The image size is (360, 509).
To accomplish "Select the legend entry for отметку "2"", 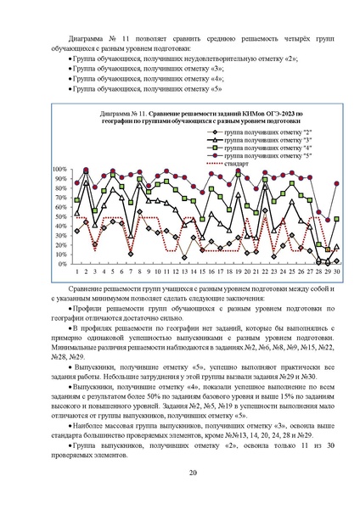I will click(247, 132).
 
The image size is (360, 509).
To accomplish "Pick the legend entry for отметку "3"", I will click(247, 141).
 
